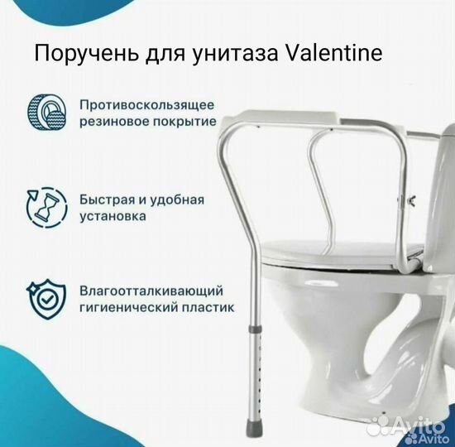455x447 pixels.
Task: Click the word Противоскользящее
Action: click(x=148, y=106)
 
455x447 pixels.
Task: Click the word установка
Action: click(x=115, y=217)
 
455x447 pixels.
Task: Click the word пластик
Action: click(x=208, y=307)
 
